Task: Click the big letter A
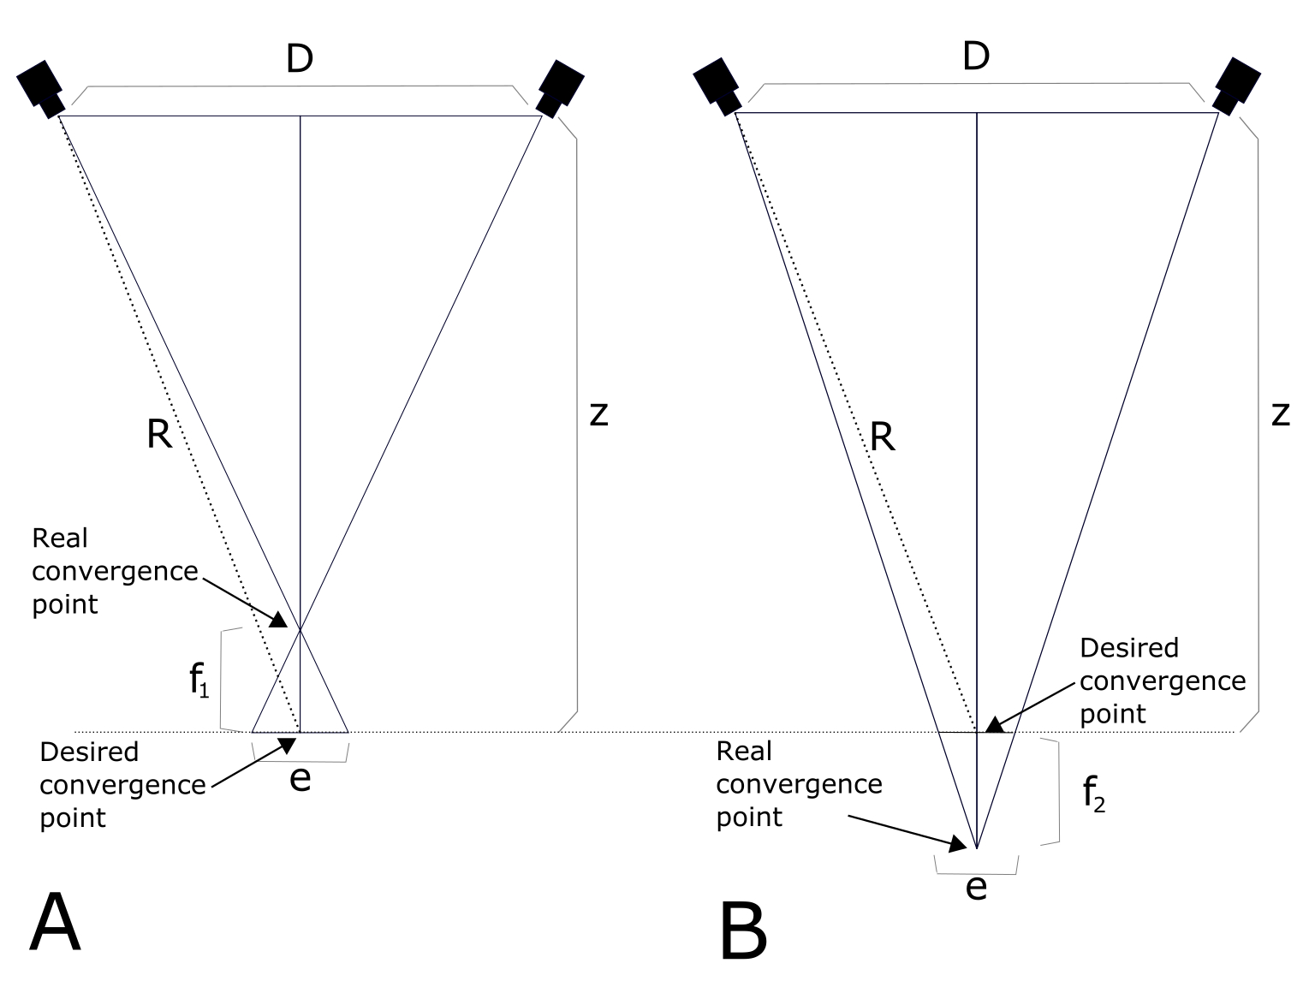click(55, 922)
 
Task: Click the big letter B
click(743, 931)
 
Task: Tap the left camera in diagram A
click(40, 86)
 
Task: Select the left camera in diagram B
click(717, 85)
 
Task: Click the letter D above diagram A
click(299, 59)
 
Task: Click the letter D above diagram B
click(975, 56)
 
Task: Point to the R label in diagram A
click(159, 435)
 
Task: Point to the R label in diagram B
click(882, 437)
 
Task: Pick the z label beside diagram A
click(598, 415)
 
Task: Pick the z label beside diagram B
click(1280, 415)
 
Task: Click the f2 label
click(1093, 796)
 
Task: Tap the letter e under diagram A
click(300, 779)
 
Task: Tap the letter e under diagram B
click(976, 887)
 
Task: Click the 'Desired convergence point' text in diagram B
click(1162, 681)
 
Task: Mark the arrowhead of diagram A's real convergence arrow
click(279, 621)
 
